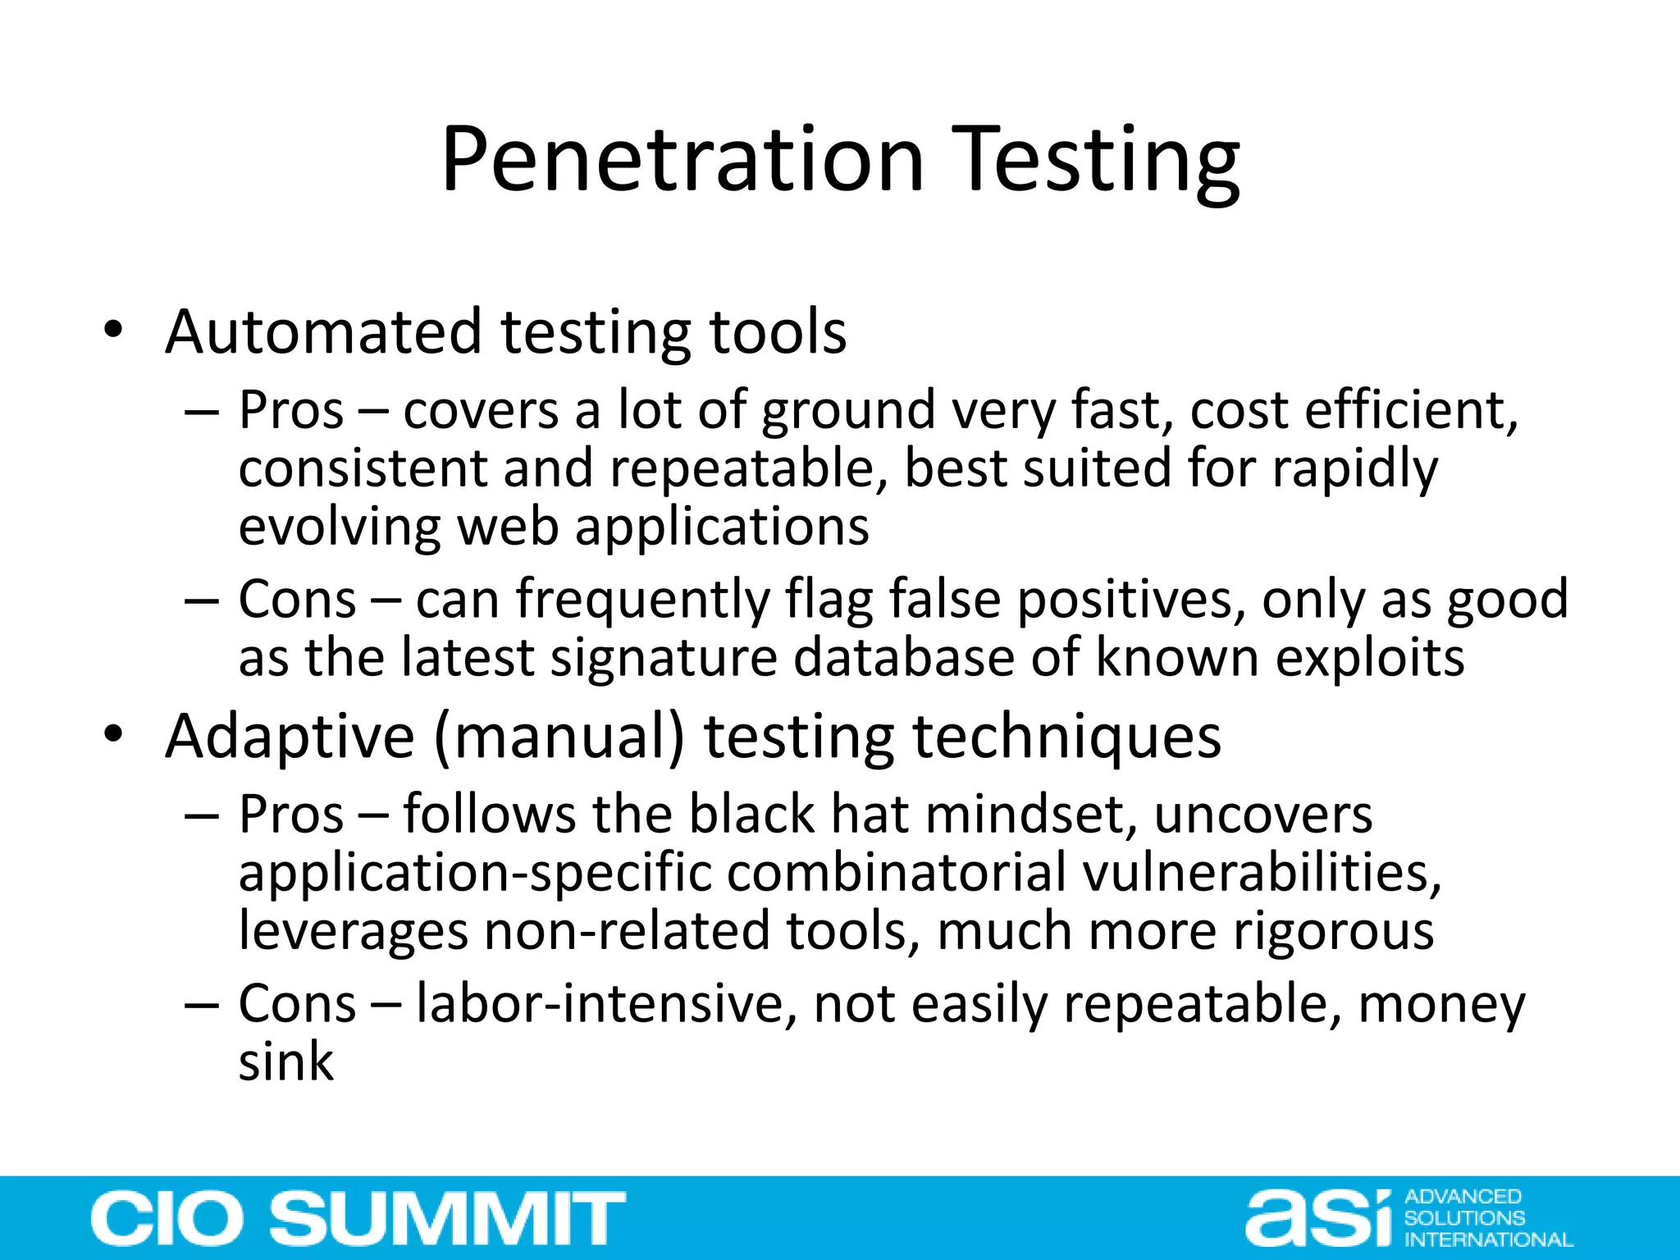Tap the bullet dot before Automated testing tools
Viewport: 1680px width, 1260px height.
113,331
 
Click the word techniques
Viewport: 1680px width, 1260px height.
1066,736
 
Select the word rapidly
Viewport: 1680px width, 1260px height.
1354,469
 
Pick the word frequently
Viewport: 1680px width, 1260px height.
643,600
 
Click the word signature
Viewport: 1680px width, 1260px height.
663,658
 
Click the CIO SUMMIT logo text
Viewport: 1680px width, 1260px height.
358,1218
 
